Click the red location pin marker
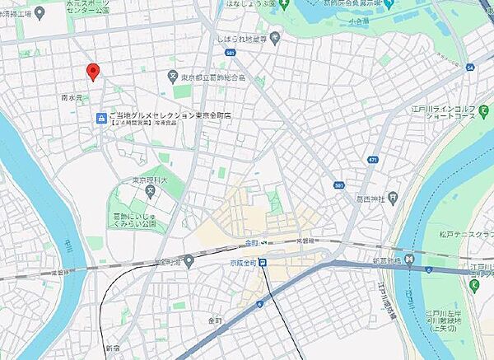click(93, 72)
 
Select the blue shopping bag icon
click(100, 119)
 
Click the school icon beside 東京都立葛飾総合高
click(172, 77)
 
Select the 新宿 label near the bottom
click(112, 348)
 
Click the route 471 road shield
click(373, 159)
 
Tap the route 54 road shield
click(469, 67)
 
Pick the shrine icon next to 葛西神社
click(393, 198)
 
